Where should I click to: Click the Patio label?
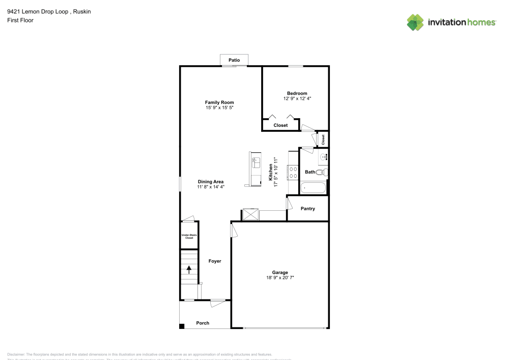tap(234, 60)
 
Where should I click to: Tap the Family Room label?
tap(219, 102)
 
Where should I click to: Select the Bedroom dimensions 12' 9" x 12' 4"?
tap(297, 98)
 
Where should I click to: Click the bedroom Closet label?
tap(280, 125)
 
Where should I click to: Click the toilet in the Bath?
tap(321, 173)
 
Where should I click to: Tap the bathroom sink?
tap(323, 157)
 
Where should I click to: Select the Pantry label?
tap(308, 209)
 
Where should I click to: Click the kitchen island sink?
tap(256, 163)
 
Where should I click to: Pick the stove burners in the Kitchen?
tap(293, 173)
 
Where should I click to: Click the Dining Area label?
tap(211, 182)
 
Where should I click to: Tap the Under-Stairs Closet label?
tap(189, 236)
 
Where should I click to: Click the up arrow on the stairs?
tap(189, 269)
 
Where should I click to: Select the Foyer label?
tap(215, 261)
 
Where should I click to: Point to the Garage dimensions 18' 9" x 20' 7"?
tap(280, 278)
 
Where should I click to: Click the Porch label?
tap(203, 323)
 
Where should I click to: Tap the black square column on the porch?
tap(182, 326)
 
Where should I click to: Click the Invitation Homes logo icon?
tap(415, 22)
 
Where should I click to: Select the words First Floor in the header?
tap(20, 20)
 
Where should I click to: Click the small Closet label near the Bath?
tap(323, 139)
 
